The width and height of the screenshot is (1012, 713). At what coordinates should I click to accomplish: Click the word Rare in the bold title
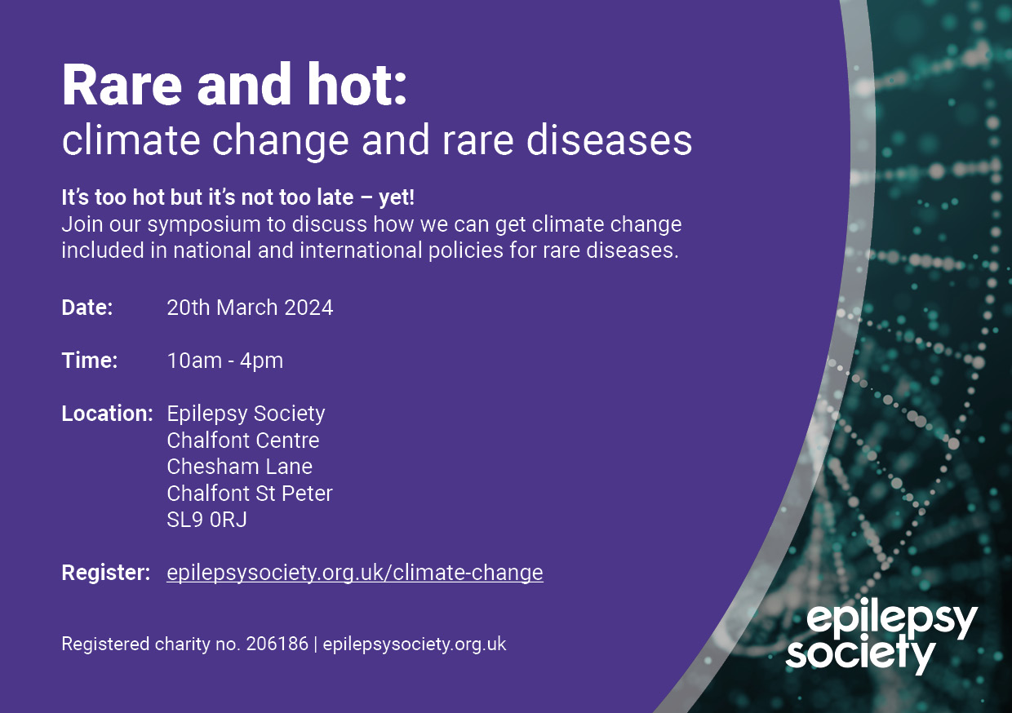tap(122, 85)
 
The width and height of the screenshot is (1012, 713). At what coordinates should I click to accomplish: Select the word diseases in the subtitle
tap(609, 140)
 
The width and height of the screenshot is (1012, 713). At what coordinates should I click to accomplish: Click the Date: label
tap(87, 308)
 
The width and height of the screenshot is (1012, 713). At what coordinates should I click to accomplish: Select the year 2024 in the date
tap(308, 308)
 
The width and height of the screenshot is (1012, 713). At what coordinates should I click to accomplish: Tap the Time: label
tap(90, 361)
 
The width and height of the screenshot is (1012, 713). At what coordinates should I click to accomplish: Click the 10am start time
tap(194, 361)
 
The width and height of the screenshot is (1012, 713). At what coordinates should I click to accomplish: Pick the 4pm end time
tap(261, 361)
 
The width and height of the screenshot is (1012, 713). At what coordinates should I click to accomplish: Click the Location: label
tap(107, 413)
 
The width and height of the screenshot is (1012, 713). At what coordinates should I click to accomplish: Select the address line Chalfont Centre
tap(243, 441)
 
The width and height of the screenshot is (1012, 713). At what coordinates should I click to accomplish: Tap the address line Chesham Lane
tap(239, 467)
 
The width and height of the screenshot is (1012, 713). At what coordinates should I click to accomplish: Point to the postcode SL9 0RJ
tap(207, 520)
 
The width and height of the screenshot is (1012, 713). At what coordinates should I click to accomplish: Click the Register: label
tap(106, 573)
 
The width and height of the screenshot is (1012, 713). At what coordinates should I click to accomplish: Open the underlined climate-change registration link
tap(355, 573)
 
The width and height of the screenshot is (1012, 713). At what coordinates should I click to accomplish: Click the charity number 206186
tap(277, 644)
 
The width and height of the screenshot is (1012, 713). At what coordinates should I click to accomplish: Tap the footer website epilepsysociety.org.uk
tap(415, 644)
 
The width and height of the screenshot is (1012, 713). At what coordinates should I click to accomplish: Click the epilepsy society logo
tap(881, 635)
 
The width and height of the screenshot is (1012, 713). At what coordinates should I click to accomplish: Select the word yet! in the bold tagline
tap(396, 197)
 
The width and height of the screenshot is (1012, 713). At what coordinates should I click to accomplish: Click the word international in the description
tap(361, 250)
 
